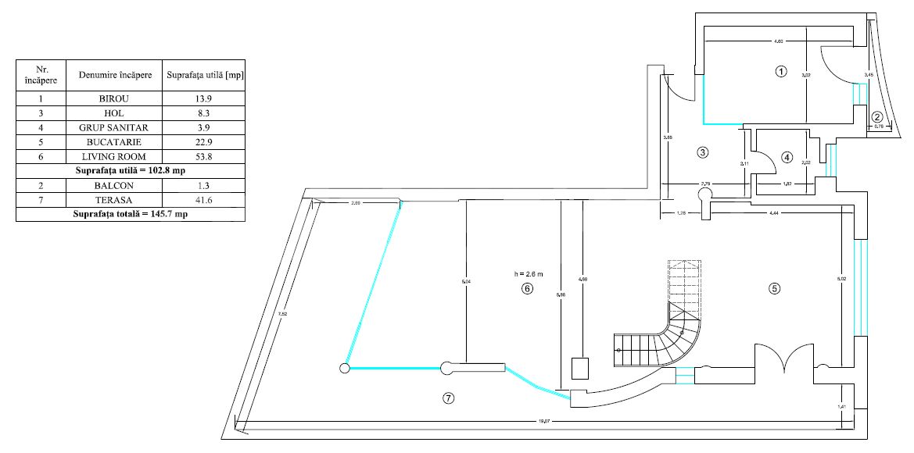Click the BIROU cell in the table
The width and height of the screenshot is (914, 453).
[114, 99]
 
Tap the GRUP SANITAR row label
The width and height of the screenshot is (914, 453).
[114, 127]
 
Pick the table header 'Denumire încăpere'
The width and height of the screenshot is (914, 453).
[114, 76]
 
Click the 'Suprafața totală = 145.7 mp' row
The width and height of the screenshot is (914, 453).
[130, 214]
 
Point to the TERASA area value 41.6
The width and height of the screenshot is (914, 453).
[203, 200]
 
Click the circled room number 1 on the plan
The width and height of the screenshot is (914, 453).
[780, 71]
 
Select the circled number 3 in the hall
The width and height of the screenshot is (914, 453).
[703, 152]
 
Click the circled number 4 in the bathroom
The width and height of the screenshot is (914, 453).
[787, 157]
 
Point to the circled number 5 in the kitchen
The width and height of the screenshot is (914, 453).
[774, 288]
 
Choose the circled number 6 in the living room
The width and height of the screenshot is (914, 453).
[526, 288]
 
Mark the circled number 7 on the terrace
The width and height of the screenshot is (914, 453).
[448, 398]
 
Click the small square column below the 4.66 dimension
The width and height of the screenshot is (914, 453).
[580, 368]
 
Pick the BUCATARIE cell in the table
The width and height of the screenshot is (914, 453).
[114, 141]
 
